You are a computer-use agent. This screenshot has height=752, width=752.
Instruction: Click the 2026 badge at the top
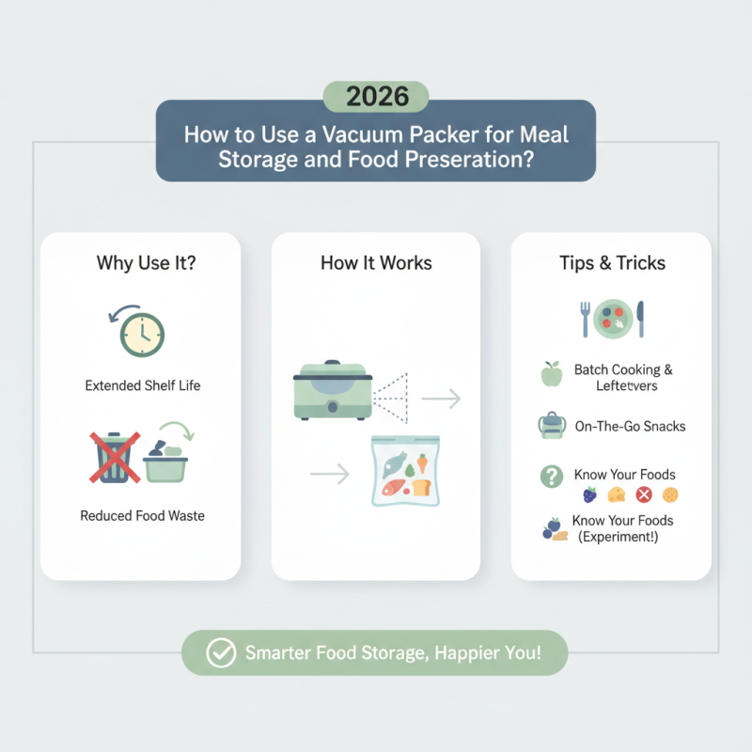click(375, 97)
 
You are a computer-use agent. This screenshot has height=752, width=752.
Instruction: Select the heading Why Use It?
click(146, 262)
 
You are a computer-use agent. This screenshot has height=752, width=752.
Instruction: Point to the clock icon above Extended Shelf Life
click(142, 334)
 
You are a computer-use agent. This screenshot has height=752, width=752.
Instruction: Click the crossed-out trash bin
click(113, 456)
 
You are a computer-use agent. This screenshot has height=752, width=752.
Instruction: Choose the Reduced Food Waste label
click(142, 514)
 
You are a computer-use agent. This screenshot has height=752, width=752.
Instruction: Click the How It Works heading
click(376, 262)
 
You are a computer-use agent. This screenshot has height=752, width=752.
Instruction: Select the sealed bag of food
click(405, 472)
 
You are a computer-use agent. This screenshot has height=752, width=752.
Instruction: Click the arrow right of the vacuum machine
click(441, 399)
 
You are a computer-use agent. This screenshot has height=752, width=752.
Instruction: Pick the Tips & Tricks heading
click(611, 262)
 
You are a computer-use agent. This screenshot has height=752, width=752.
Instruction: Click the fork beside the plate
click(586, 319)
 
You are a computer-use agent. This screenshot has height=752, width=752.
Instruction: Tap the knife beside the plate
click(640, 319)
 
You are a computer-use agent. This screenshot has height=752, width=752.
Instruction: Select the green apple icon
click(551, 375)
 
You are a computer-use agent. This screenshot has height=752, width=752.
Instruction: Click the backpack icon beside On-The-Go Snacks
click(551, 426)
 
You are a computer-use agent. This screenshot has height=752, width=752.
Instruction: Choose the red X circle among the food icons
click(644, 494)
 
